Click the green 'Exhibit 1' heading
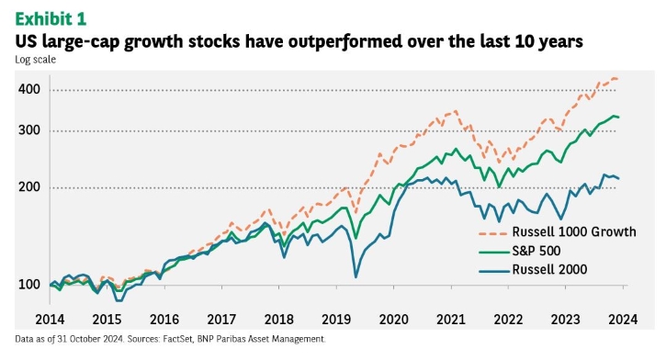coord(51,19)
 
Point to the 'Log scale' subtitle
coord(35,60)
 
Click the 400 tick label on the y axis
coord(29,89)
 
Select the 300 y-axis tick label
coord(29,129)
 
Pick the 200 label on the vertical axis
coord(29,186)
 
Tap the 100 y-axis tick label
coord(29,285)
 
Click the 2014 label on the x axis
coord(50,320)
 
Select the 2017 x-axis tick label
coord(221,320)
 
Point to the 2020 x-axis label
coord(394,320)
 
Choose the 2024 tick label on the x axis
coord(623,320)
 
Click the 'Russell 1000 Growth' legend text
coord(574,231)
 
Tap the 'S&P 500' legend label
coord(536,251)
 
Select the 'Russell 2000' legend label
coord(549,270)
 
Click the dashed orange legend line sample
coord(493,233)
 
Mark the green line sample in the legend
coord(493,253)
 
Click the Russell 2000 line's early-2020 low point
coord(356,277)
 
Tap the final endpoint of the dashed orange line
coord(617,79)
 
